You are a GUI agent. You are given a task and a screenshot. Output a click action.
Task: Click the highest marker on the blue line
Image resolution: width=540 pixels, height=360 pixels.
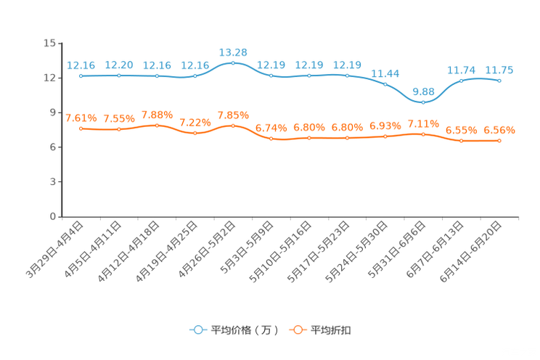[233, 63]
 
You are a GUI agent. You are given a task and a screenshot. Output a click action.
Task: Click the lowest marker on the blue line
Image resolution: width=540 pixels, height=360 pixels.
[423, 102]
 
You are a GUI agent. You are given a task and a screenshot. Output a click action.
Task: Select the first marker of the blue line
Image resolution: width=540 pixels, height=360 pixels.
[81, 75]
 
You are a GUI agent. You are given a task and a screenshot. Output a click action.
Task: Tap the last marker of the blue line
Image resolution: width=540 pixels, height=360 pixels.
[499, 80]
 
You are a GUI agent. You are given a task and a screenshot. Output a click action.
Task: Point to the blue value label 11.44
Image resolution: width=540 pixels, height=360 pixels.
[385, 73]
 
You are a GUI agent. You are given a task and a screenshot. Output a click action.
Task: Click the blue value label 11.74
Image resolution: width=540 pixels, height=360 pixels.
[461, 70]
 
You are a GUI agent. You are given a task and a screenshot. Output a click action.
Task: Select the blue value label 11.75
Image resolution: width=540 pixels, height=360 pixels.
[499, 70]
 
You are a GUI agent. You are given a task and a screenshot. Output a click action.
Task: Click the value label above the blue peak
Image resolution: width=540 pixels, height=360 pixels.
[233, 52]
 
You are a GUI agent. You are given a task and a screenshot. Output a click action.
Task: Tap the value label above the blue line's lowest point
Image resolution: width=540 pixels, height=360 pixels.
[423, 91]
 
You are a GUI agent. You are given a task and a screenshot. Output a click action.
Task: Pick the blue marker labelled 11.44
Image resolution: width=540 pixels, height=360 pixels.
[385, 84]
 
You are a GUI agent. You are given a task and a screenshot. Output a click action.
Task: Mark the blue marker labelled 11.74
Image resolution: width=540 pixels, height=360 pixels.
[462, 80]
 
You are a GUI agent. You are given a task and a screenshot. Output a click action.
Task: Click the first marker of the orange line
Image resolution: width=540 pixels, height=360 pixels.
[81, 128]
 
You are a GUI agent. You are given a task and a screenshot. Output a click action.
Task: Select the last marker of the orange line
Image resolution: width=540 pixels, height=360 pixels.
[499, 141]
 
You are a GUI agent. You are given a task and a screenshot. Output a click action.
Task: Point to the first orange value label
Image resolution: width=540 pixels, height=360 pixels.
[81, 117]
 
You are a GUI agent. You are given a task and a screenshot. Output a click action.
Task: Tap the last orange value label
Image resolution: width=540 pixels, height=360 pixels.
[499, 130]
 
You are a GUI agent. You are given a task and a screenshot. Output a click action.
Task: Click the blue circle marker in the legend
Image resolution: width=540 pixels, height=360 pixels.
[197, 330]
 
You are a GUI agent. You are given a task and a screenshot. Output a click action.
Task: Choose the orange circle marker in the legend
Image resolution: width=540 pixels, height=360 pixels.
[297, 330]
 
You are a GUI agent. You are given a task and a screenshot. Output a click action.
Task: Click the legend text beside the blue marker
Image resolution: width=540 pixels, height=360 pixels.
[244, 330]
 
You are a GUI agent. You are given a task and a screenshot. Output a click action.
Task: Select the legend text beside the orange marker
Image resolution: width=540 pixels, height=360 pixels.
[331, 330]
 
